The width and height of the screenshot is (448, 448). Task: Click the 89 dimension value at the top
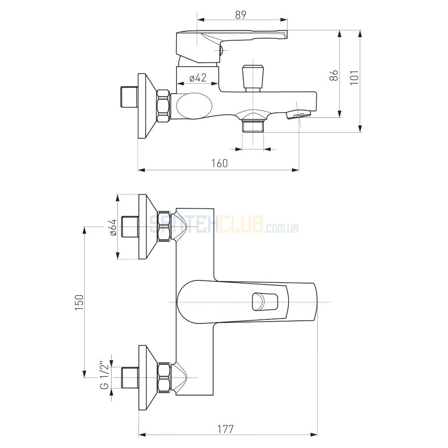241,15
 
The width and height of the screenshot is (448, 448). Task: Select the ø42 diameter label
198,78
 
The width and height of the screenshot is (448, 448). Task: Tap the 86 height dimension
334,75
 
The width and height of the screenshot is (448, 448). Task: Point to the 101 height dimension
354,77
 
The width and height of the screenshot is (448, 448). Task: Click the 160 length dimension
220,163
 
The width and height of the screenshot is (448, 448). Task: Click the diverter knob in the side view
253,77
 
